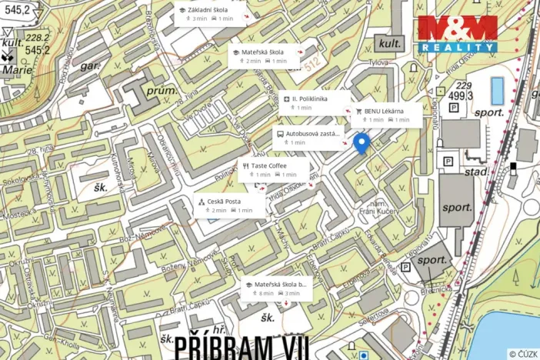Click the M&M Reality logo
457,34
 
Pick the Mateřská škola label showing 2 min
265,56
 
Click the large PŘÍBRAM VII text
231,346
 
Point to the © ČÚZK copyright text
522,354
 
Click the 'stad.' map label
476,171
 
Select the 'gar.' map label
91,67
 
